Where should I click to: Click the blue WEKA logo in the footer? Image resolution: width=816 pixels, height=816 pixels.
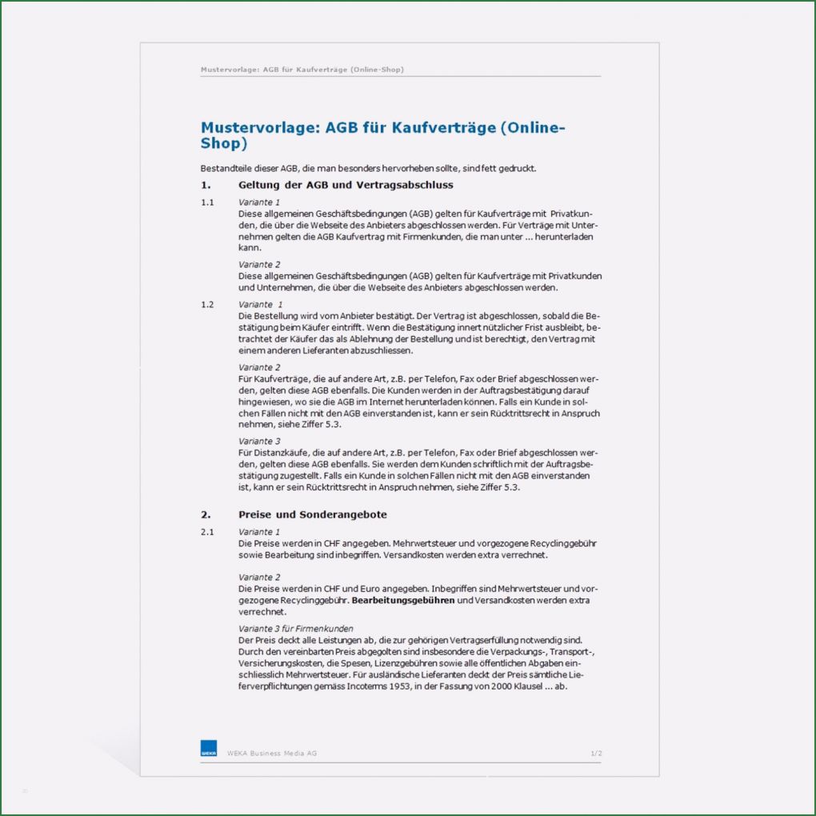click(208, 748)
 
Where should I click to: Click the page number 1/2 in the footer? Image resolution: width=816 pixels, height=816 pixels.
click(595, 753)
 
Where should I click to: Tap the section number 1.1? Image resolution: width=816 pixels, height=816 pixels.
click(207, 202)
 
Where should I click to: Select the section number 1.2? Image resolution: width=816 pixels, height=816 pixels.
click(207, 305)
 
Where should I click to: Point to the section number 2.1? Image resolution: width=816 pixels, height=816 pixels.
click(207, 532)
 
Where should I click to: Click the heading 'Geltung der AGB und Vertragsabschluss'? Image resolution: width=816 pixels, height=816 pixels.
click(346, 185)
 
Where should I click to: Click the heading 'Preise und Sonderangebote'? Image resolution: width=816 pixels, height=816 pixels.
click(312, 514)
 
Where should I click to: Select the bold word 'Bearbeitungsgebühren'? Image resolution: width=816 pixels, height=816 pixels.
click(403, 600)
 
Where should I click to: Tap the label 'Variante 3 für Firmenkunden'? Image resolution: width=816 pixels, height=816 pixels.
click(295, 629)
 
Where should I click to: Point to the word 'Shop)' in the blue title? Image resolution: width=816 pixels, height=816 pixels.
click(224, 144)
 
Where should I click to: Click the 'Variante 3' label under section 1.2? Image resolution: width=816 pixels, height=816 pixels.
click(259, 441)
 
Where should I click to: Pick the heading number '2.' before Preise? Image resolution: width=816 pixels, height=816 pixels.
click(206, 514)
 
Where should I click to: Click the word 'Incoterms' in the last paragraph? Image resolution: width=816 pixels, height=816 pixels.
click(353, 686)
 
